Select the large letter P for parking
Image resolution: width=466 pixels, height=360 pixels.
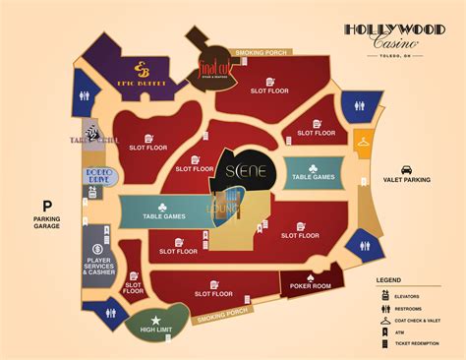pyautogui.click(x=45, y=208)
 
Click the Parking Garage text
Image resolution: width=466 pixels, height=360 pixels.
pyautogui.click(x=45, y=223)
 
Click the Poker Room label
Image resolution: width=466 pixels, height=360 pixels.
pyautogui.click(x=310, y=285)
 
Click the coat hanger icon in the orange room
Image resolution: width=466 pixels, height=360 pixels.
pyautogui.click(x=364, y=142)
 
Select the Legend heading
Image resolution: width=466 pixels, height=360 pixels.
pyautogui.click(x=387, y=280)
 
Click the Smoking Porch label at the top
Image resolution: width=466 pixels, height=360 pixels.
pyautogui.click(x=260, y=52)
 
